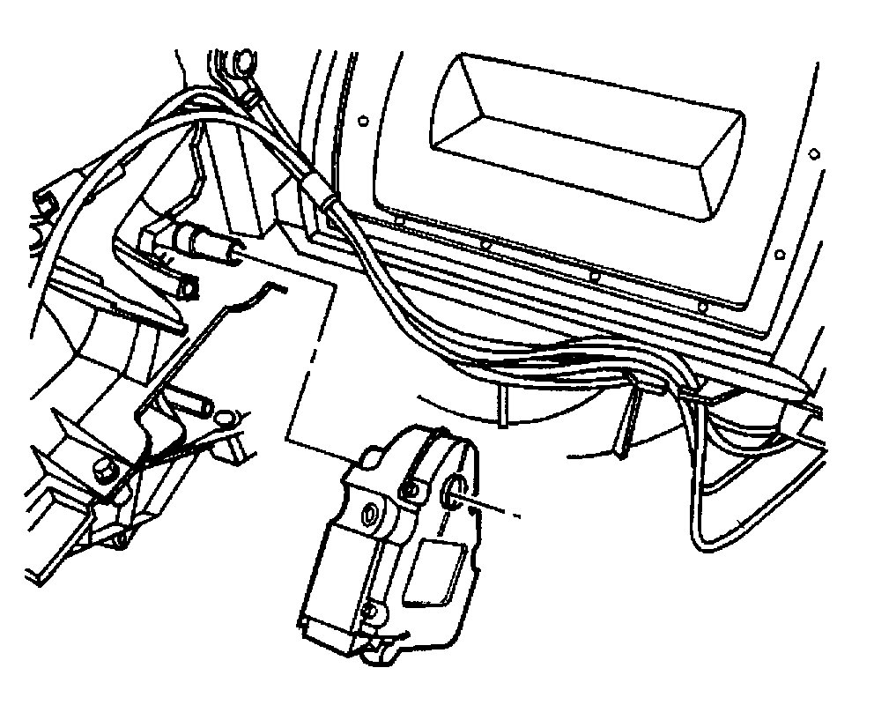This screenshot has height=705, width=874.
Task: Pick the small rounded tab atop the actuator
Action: click(370, 456)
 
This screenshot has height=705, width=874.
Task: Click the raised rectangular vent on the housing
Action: click(581, 141)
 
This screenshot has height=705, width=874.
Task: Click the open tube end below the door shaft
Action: click(185, 287)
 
